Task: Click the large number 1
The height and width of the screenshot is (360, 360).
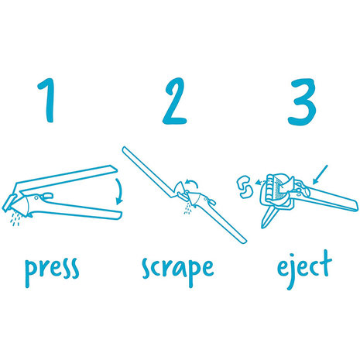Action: click(47, 101)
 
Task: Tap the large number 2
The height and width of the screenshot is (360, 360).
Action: click(175, 101)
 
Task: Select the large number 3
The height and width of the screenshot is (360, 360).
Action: click(302, 102)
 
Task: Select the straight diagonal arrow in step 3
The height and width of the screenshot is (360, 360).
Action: click(320, 175)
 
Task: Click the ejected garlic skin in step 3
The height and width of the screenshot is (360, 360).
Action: click(244, 187)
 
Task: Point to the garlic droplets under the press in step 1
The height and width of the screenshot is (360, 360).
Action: click(16, 218)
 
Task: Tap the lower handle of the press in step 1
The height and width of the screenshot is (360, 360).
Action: click(77, 208)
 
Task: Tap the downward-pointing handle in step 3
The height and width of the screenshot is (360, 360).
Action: click(269, 216)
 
